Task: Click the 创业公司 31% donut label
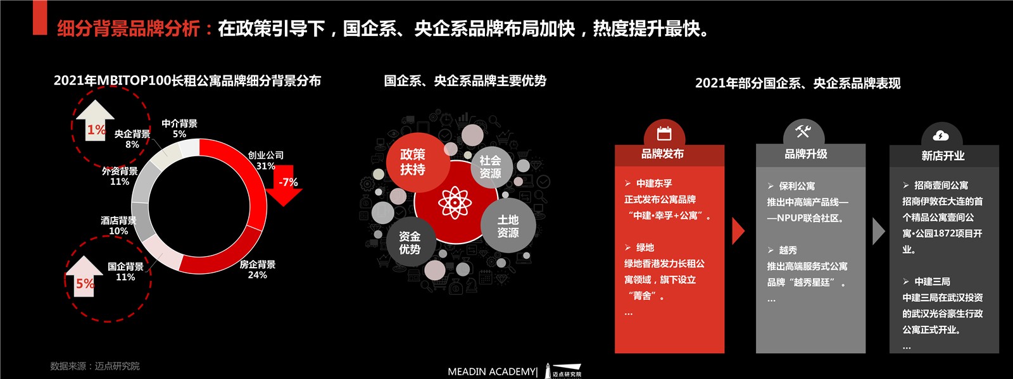(265, 160)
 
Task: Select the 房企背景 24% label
(257, 270)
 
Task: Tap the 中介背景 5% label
(180, 128)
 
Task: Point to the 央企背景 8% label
(132, 139)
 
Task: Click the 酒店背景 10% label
(118, 225)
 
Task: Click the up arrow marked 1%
(95, 120)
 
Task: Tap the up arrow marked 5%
(84, 276)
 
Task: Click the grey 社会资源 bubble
(491, 167)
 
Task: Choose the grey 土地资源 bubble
(508, 226)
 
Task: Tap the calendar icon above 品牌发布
(664, 134)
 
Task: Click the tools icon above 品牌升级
(803, 132)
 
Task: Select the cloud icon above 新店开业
(941, 135)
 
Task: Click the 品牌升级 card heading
(806, 154)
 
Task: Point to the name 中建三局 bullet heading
(933, 282)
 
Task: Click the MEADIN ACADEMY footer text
(492, 371)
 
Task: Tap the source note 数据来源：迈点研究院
(95, 366)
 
